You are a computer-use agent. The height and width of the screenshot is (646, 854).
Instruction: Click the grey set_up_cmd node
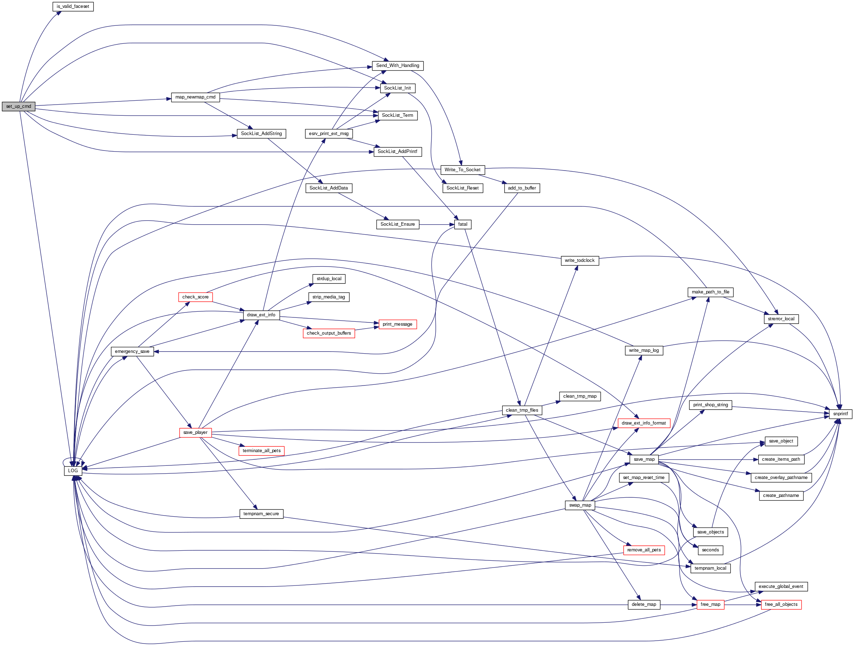pyautogui.click(x=19, y=106)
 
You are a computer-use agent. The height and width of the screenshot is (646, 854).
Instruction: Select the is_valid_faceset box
pyautogui.click(x=73, y=6)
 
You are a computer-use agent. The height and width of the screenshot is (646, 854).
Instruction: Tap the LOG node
pyautogui.click(x=73, y=470)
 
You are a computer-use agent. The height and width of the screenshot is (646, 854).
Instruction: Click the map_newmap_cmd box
pyautogui.click(x=195, y=97)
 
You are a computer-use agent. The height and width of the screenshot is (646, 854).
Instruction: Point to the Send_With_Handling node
pyautogui.click(x=397, y=66)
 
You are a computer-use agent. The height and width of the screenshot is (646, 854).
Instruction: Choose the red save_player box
pyautogui.click(x=195, y=432)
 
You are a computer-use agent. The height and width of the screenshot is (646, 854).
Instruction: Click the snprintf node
pyautogui.click(x=840, y=414)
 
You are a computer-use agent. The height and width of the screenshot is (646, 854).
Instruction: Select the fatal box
pyautogui.click(x=463, y=224)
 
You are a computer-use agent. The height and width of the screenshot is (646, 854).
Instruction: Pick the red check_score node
pyautogui.click(x=195, y=297)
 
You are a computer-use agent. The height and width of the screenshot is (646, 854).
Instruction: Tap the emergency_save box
pyautogui.click(x=132, y=351)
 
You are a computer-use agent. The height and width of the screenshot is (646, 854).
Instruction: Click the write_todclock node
pyautogui.click(x=580, y=260)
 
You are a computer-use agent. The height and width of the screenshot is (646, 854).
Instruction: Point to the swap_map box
pyautogui.click(x=580, y=505)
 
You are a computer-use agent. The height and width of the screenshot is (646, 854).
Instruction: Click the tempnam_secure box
pyautogui.click(x=261, y=514)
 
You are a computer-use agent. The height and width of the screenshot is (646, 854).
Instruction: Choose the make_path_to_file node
pyautogui.click(x=710, y=292)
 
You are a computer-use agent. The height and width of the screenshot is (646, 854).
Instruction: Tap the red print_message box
pyautogui.click(x=397, y=324)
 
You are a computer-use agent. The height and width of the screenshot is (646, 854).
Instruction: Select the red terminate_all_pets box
pyautogui.click(x=261, y=450)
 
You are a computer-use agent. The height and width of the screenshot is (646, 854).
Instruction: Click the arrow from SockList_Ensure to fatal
pyautogui.click(x=436, y=224)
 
